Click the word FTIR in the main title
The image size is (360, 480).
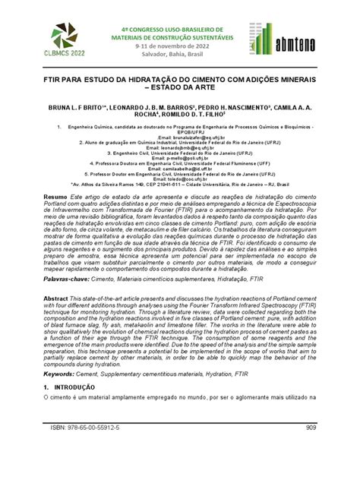[x=55, y=79]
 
